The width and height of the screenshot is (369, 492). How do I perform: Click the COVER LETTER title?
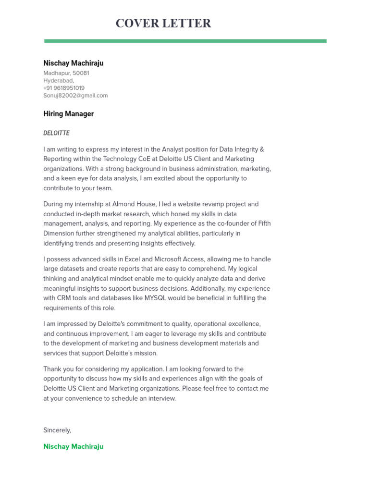coord(163,24)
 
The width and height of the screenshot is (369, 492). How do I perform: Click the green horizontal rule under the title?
coord(185,41)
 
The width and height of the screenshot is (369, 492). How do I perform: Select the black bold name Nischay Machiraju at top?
coord(73,63)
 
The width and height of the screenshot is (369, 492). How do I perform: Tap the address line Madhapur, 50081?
coord(66,74)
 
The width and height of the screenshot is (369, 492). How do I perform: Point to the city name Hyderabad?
coord(58,81)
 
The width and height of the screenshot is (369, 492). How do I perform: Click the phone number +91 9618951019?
coord(64,88)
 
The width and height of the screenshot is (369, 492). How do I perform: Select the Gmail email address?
coord(75,96)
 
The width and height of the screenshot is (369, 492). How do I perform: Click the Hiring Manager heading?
coord(68,114)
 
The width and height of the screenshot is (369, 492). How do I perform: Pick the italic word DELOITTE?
coord(56,133)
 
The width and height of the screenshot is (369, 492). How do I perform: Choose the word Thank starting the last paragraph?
coord(52,369)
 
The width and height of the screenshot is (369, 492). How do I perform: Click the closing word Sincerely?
coord(57,430)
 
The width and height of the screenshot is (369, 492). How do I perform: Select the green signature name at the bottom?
coord(73,447)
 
